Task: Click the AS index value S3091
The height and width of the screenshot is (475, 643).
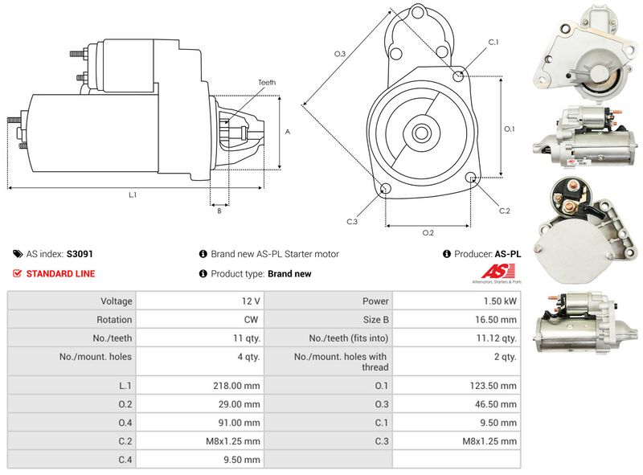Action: pos(80,254)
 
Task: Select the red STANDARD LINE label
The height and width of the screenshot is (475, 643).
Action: pos(60,274)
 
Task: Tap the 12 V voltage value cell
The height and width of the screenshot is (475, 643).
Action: pos(250,301)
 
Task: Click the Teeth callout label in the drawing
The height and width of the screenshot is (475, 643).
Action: pos(267,83)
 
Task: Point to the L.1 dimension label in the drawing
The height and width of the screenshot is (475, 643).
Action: pos(133,195)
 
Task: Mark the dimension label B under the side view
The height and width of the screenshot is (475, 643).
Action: pos(219,211)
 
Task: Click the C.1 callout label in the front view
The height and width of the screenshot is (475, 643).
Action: pos(494,42)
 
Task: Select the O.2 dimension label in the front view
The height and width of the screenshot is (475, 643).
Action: pos(428,233)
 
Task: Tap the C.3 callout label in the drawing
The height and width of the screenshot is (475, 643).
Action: pos(352,221)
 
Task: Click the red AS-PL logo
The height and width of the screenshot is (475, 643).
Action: pos(489,273)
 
